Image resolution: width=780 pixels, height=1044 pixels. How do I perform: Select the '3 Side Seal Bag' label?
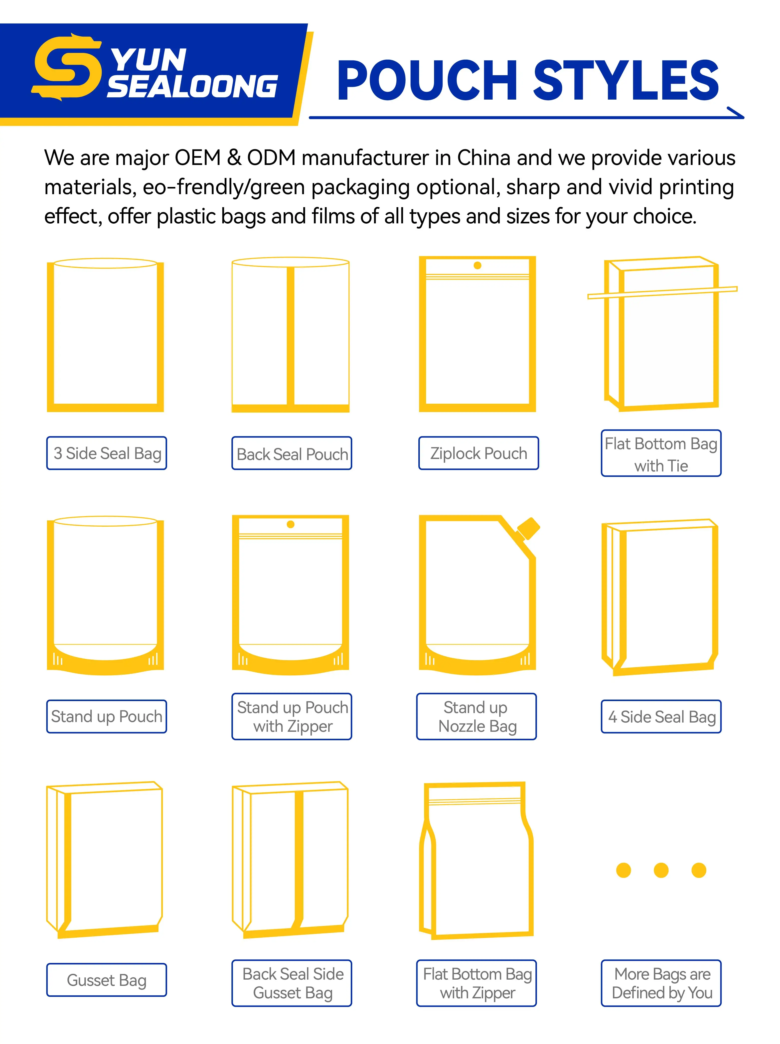(107, 453)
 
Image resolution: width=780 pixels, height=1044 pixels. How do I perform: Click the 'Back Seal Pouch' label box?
(292, 453)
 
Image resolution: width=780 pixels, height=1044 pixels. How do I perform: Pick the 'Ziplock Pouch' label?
(478, 453)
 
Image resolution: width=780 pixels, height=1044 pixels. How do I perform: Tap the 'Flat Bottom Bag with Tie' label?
(661, 453)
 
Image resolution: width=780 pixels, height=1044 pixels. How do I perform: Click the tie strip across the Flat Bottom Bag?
(662, 293)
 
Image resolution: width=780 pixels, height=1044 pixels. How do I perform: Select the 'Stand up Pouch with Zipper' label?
(292, 717)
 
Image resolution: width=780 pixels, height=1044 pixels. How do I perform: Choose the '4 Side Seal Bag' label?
(661, 717)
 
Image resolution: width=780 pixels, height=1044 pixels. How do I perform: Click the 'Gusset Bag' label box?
(107, 980)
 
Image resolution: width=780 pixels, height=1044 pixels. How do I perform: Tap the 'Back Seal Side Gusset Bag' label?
(292, 983)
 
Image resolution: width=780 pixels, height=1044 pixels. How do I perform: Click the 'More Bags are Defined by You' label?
(661, 983)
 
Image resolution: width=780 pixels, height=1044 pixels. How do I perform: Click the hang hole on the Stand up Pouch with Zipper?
(291, 524)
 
